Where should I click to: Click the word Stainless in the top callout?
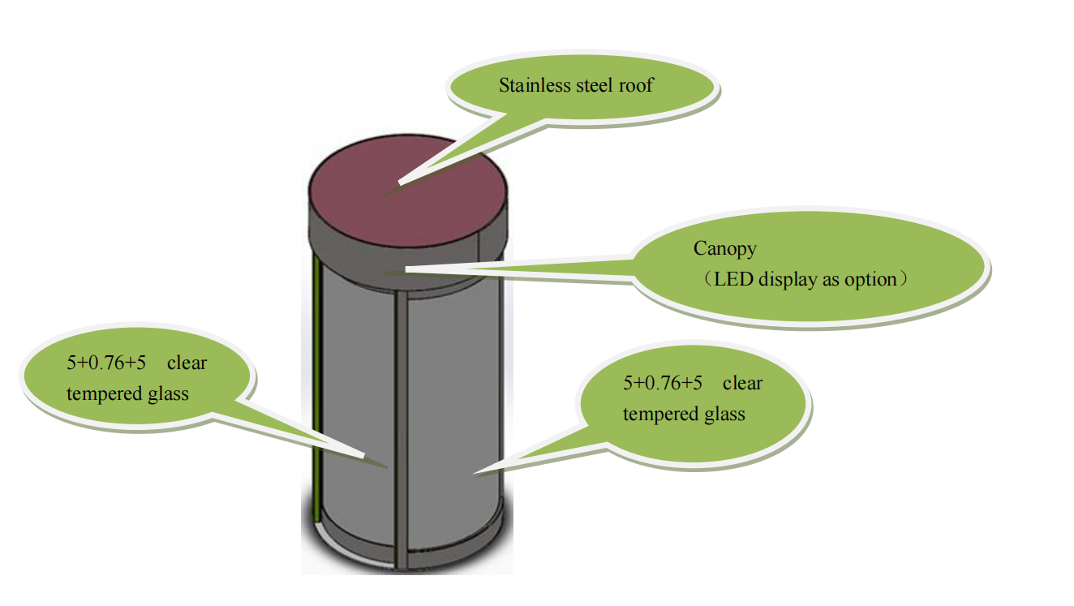[x=531, y=85]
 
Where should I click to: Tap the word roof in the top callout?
[x=636, y=85]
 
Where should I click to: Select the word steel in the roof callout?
[x=595, y=85]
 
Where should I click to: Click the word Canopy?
[x=724, y=248]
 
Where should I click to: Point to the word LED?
[x=731, y=280]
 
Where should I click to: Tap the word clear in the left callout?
[x=187, y=363]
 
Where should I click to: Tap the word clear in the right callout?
[x=742, y=383]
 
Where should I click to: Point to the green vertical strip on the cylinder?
[x=316, y=389]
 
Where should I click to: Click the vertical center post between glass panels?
[x=399, y=422]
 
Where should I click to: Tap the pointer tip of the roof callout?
[x=381, y=195]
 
